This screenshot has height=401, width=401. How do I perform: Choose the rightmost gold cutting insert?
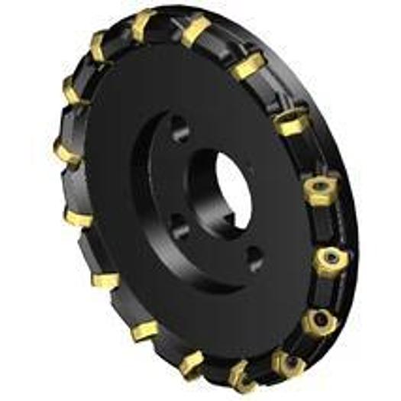(331, 258)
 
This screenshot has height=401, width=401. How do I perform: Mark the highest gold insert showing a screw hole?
(289, 123)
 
